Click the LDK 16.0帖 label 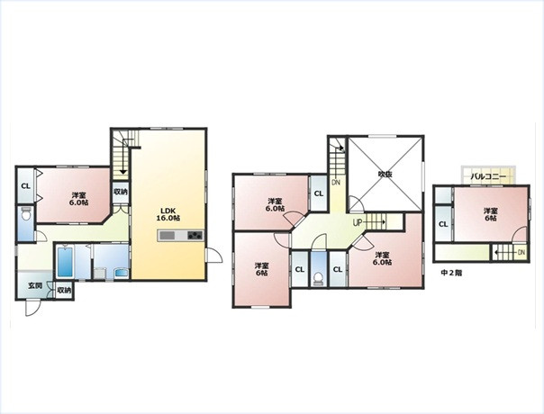coord(169,214)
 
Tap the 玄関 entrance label coord(35,286)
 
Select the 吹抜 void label coord(385,174)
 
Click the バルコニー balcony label coord(488,176)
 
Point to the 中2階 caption coord(451,273)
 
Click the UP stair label coord(358,222)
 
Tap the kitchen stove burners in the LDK coord(195,236)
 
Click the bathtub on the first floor coord(65,262)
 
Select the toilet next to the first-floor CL coord(26,215)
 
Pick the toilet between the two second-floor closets coord(318,279)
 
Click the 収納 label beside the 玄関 coord(65,290)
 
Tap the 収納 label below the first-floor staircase coord(121,192)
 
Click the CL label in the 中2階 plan coord(443,224)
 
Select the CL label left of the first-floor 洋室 coord(26,186)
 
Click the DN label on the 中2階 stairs coord(521,252)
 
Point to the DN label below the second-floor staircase coord(335,183)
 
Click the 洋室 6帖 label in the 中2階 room coord(491,214)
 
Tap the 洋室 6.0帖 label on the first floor coord(78,199)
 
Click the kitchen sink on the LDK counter coord(168,236)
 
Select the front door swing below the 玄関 coord(32,308)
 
